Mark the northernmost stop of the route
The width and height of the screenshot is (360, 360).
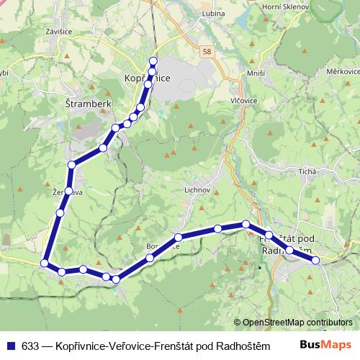click(x=153, y=61)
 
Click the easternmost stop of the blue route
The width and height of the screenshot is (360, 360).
click(x=315, y=260)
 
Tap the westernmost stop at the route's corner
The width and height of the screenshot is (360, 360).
click(x=45, y=263)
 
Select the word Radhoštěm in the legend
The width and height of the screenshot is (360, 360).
click(x=234, y=345)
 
